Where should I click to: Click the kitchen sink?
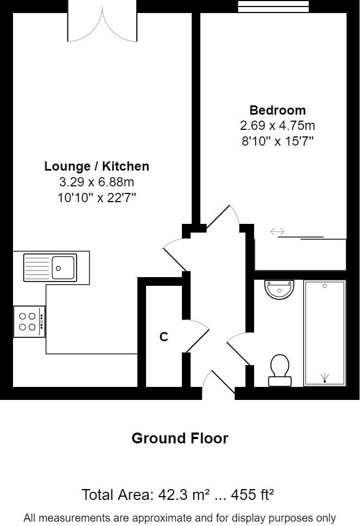click(50, 267)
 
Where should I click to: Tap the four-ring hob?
click(29, 321)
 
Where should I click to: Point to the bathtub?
click(325, 333)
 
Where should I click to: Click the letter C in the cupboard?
click(163, 337)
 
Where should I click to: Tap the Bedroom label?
click(277, 110)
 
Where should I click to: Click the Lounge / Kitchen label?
click(97, 166)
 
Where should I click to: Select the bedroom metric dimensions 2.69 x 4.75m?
click(277, 126)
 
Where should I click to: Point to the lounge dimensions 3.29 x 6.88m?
click(97, 182)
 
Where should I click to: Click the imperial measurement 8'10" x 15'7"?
click(277, 141)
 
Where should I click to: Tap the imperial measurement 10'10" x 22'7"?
click(97, 197)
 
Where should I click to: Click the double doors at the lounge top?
click(102, 24)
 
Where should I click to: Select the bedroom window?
click(274, 7)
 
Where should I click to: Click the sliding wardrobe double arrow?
click(277, 232)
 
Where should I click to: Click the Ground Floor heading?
click(180, 438)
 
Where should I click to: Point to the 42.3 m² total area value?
click(184, 495)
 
